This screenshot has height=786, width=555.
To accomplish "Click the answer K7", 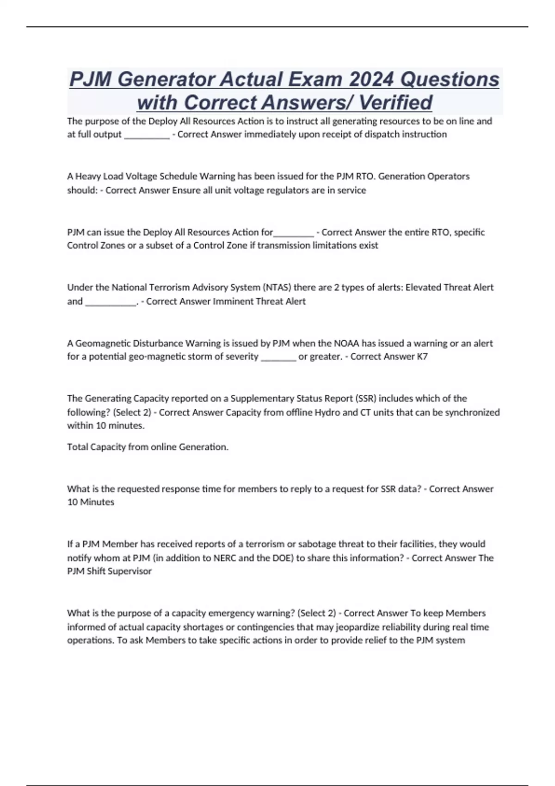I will point(422,356).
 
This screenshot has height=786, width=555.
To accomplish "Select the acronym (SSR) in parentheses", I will point(365,399).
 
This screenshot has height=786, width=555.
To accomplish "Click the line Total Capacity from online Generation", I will point(148,447).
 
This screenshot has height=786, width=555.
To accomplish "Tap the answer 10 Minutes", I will point(91,502).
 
